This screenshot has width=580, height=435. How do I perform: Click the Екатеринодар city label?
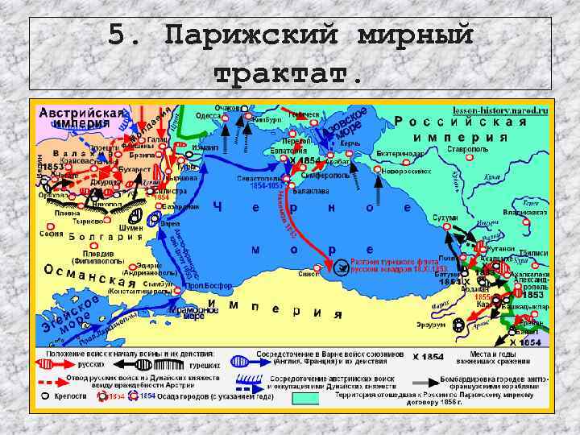point(400,152)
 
